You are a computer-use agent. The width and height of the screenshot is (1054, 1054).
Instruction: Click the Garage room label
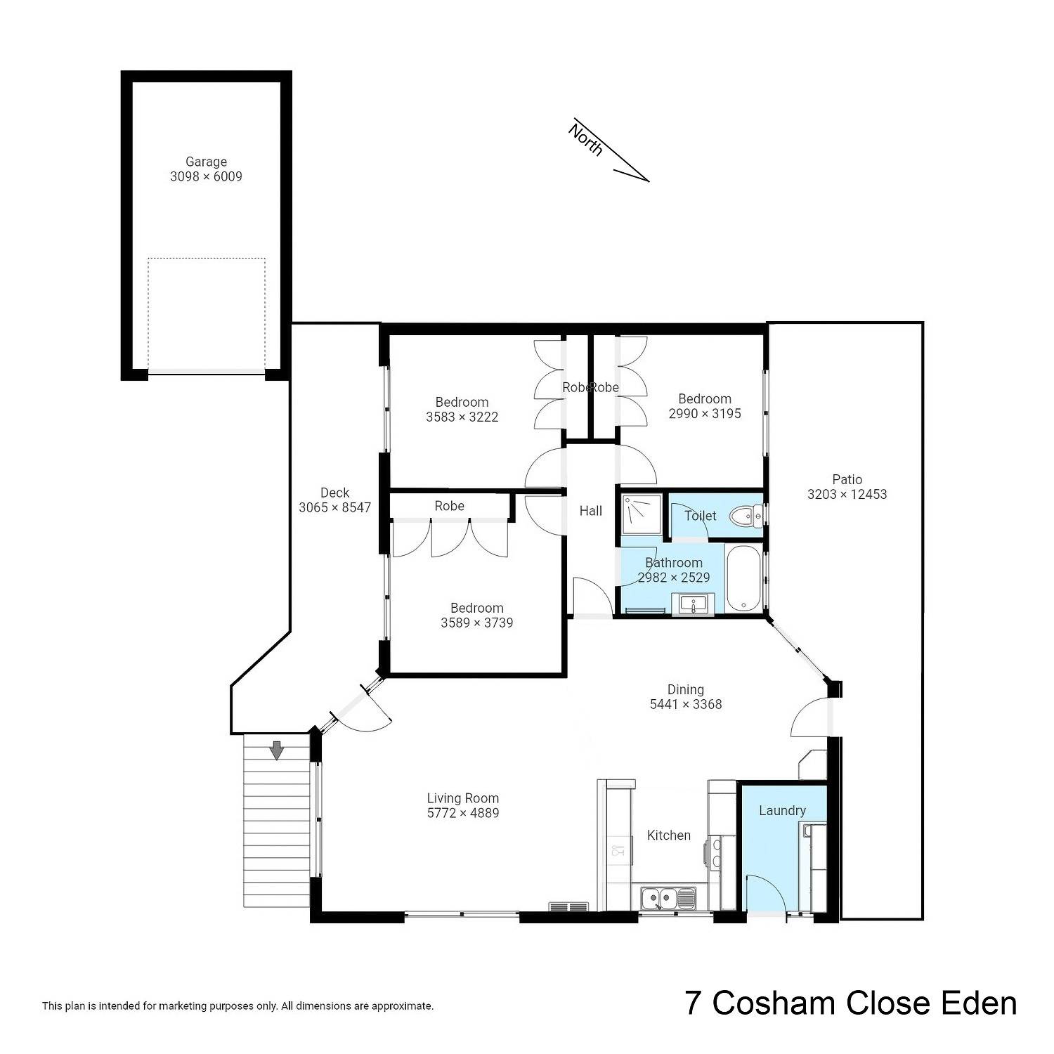click(x=206, y=162)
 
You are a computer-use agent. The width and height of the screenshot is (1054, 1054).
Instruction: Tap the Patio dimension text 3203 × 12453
click(x=847, y=495)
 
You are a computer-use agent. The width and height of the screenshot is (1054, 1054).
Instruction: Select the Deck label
click(x=334, y=493)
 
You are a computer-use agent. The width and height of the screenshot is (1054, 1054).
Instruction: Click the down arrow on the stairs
click(x=277, y=750)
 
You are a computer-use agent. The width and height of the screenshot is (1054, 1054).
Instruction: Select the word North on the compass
click(x=586, y=139)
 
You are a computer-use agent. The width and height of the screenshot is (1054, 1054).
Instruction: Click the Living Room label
click(x=463, y=798)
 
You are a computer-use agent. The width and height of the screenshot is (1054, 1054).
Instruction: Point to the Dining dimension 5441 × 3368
click(x=686, y=704)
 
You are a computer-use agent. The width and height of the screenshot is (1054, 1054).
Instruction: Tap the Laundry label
click(x=782, y=811)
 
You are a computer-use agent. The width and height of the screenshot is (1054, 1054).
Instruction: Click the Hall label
click(x=591, y=511)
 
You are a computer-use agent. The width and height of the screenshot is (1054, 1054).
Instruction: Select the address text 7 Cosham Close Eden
click(x=851, y=1003)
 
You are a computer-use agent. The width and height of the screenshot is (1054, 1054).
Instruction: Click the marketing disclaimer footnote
click(x=238, y=1006)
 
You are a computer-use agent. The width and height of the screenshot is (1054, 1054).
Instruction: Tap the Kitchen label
click(x=669, y=835)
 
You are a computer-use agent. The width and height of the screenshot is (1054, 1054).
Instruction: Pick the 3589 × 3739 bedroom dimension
click(x=477, y=623)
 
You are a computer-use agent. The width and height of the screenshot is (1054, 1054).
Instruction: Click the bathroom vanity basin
click(x=693, y=604)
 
